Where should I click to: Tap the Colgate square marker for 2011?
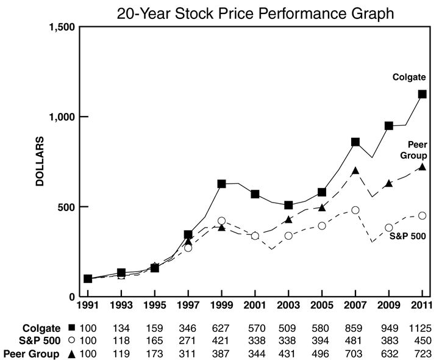coord(422,94)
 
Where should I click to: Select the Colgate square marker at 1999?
coord(221,184)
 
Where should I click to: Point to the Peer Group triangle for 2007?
coord(355,171)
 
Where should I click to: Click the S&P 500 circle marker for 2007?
coord(355,210)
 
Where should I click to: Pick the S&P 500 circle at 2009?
coord(388,228)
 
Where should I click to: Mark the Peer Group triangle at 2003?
coord(288,219)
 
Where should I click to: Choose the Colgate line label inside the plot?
coord(409,77)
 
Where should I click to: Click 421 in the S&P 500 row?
coord(221,340)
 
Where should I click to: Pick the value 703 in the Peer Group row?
coord(355,353)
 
